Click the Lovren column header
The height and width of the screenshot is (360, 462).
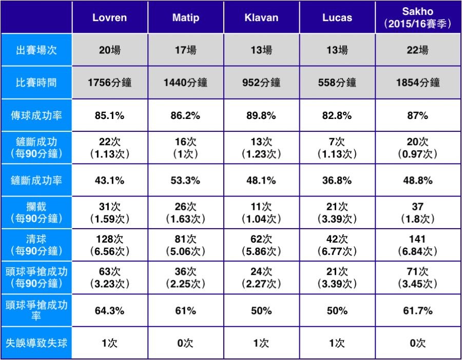click(109, 17)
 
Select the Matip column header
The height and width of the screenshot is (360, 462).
click(185, 17)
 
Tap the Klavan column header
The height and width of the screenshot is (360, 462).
click(261, 17)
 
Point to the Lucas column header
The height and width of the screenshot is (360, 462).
click(337, 17)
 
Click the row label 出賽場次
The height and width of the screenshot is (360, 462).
click(36, 50)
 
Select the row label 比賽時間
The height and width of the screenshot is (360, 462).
click(36, 82)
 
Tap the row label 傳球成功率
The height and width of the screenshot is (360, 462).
click(36, 115)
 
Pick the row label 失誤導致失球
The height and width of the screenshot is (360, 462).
click(36, 343)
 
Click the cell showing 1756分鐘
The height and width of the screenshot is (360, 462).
click(109, 82)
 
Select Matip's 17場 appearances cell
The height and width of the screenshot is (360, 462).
click(185, 50)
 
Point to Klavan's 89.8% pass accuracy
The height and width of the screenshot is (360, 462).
click(261, 115)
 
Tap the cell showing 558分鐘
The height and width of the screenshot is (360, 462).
click(337, 82)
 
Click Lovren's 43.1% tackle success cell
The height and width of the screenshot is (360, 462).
click(109, 181)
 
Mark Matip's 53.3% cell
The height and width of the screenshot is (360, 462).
click(185, 181)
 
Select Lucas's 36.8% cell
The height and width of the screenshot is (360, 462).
click(337, 181)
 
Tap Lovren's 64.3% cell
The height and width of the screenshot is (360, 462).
click(109, 311)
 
